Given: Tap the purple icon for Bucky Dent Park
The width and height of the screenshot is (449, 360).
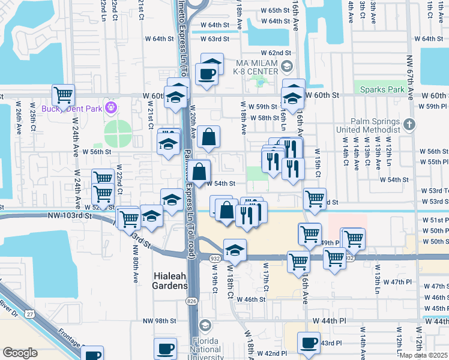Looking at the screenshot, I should (110, 108).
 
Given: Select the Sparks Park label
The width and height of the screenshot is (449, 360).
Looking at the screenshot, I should (382, 90).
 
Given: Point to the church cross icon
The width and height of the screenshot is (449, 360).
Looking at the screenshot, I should (409, 125).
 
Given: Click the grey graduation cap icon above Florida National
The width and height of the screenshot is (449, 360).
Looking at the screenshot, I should (205, 325).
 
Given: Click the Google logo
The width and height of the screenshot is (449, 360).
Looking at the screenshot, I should (20, 353).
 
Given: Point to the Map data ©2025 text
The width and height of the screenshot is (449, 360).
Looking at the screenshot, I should (424, 356).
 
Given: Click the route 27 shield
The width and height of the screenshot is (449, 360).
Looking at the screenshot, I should (29, 313).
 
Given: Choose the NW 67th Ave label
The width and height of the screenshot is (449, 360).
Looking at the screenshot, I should (410, 66).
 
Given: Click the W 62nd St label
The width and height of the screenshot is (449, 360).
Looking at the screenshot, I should (276, 53).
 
